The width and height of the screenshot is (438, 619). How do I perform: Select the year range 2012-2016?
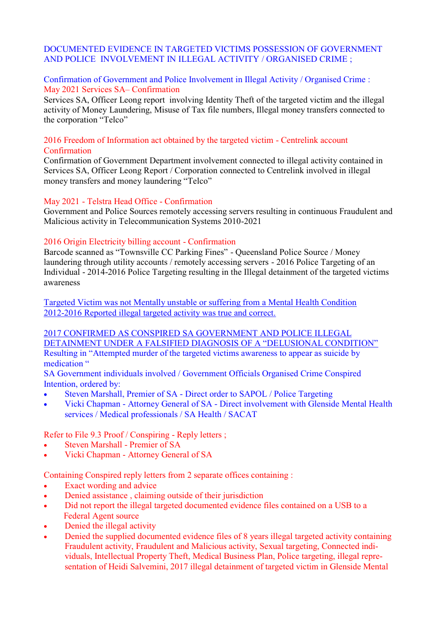[63, 313]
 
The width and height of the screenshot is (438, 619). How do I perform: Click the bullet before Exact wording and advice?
[46, 486]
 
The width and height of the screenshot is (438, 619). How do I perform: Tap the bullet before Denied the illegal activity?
[46, 526]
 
